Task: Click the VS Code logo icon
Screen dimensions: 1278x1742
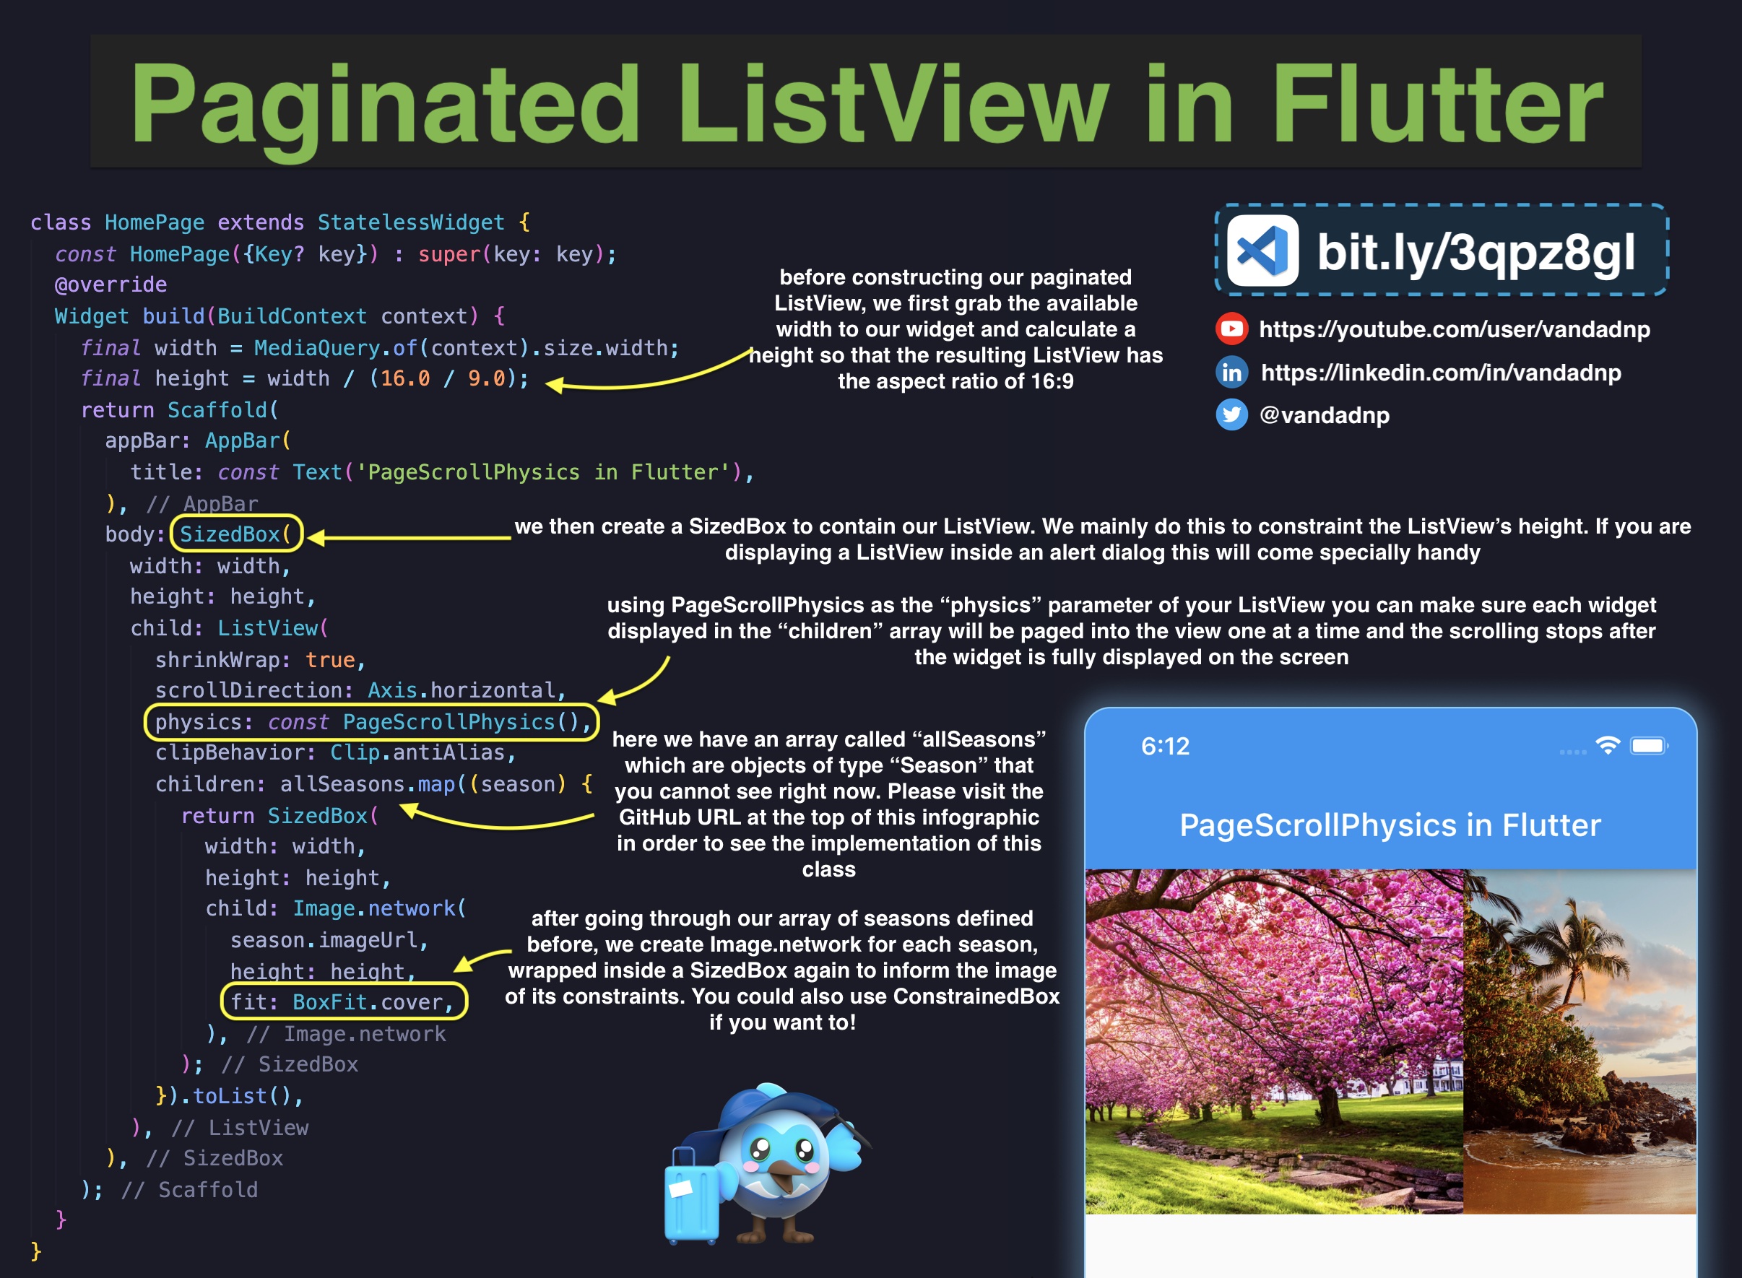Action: point(1262,251)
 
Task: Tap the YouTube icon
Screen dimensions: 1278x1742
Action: point(1231,329)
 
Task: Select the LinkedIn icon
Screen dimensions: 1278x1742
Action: point(1231,373)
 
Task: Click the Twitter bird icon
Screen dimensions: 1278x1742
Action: point(1231,414)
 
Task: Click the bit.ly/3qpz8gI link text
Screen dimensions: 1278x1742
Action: point(1475,252)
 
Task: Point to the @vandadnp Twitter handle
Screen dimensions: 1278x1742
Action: point(1324,415)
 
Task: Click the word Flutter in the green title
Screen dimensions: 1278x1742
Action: point(1436,105)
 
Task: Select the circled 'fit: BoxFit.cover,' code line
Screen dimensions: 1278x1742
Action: point(343,1002)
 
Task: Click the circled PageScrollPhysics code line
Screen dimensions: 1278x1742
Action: point(371,722)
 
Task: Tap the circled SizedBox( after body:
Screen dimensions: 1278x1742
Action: point(235,534)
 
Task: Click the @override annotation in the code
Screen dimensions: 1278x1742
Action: point(110,284)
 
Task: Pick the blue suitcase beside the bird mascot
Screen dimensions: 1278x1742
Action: point(691,1196)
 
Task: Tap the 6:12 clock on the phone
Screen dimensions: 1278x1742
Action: point(1165,746)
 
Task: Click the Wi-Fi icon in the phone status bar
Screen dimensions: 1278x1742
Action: point(1608,745)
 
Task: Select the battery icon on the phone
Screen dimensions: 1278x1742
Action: point(1648,746)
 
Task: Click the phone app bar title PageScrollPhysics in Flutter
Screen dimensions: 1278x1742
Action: point(1390,825)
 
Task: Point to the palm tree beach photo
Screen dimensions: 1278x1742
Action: point(1579,1040)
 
